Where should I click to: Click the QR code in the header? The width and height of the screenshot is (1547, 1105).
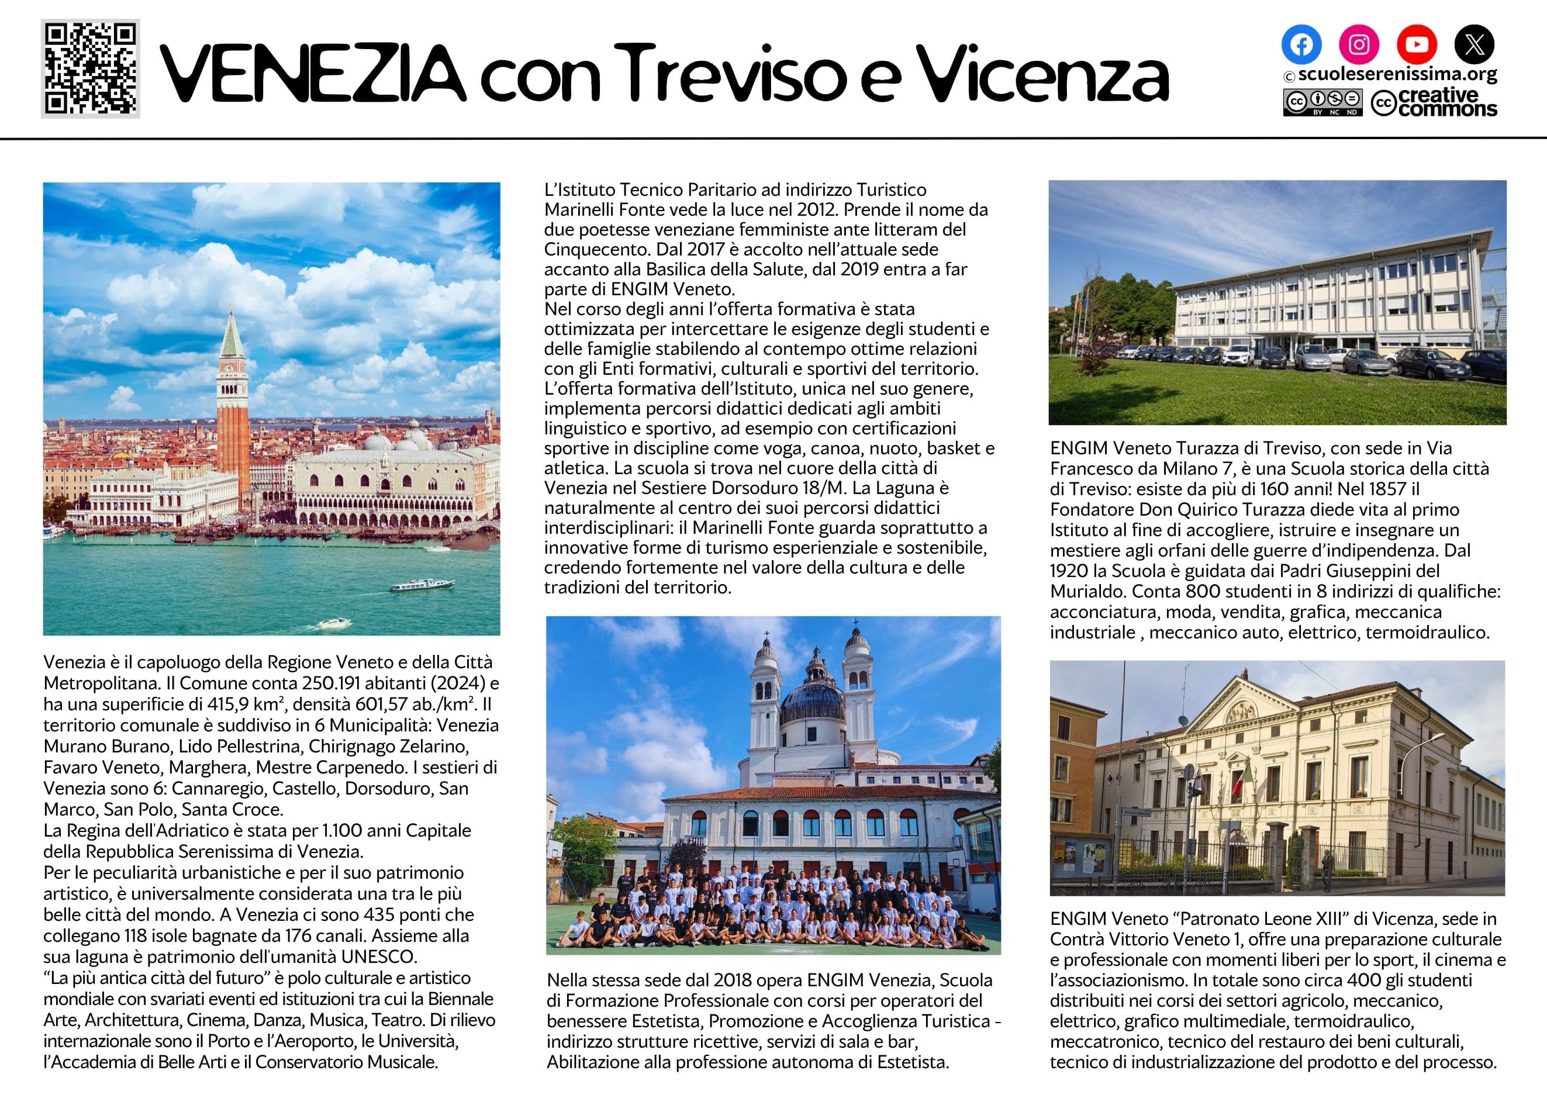[91, 69]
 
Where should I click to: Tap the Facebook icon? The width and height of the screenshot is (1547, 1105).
[1301, 44]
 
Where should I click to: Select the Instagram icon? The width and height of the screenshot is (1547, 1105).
[1359, 44]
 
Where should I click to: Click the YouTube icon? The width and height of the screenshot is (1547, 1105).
[1417, 44]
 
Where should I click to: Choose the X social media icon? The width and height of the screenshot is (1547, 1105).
[1474, 44]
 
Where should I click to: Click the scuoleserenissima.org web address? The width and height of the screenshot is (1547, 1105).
[1397, 74]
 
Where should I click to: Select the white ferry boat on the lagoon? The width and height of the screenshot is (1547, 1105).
[422, 585]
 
